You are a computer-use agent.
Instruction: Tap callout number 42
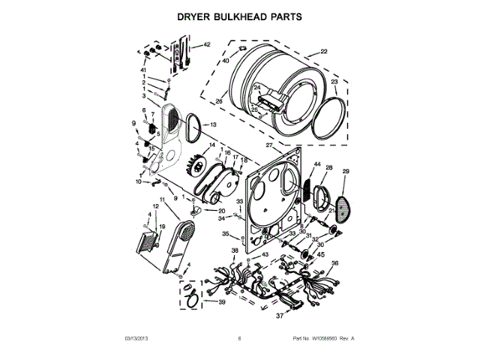[208, 45]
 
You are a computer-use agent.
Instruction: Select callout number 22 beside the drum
[324, 52]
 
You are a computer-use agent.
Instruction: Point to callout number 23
[334, 81]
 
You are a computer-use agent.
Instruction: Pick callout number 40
[225, 60]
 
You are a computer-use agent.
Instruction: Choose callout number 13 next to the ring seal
[213, 124]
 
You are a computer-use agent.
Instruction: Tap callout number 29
[346, 172]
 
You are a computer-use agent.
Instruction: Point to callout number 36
[335, 263]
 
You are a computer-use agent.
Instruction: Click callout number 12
[156, 206]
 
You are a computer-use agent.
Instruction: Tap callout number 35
[225, 234]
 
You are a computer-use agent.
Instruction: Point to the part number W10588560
[322, 338]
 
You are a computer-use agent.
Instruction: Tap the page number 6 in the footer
[239, 338]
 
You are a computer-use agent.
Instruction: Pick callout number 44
[317, 164]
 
